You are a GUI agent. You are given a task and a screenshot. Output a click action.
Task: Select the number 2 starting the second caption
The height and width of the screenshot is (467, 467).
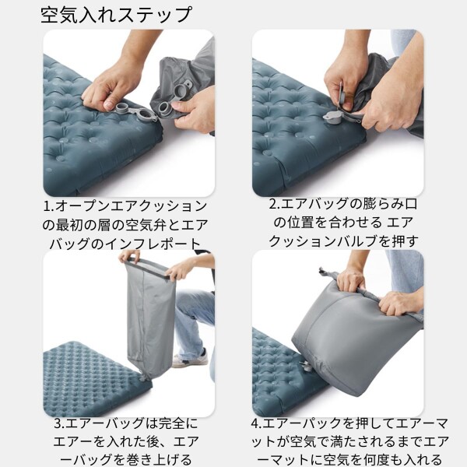click(273, 205)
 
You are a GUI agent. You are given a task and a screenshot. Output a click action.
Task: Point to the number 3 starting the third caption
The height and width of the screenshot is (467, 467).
click(58, 425)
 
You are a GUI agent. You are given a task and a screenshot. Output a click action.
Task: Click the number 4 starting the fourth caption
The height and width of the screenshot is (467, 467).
click(255, 425)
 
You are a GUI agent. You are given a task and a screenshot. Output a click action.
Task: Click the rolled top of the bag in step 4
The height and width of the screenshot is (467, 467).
click(366, 288)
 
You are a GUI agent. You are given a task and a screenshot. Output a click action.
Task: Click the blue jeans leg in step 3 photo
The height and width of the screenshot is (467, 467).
click(195, 319)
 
